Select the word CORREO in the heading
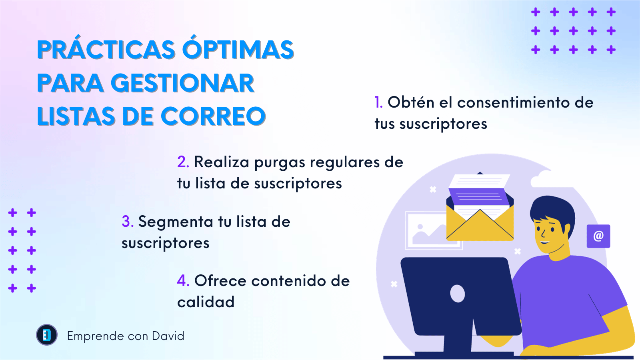[213, 116]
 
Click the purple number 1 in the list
[378, 102]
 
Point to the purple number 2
[183, 162]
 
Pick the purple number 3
[128, 222]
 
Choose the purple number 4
[183, 280]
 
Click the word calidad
[206, 302]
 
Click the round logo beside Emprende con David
[47, 335]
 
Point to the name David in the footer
[168, 336]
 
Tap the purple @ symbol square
[598, 236]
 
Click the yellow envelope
[480, 224]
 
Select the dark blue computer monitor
[460, 297]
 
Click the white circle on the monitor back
[458, 294]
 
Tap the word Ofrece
[220, 280]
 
